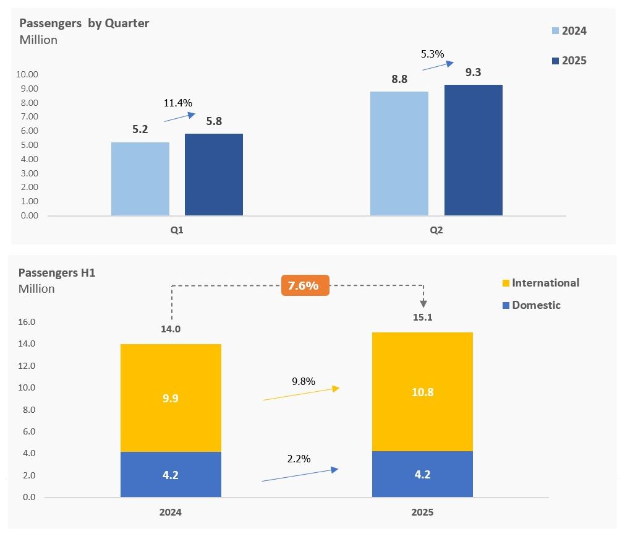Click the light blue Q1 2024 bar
pos(140,179)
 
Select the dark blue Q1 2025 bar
pos(213,175)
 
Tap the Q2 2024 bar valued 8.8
pos(399,153)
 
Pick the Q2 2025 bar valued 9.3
pos(473,150)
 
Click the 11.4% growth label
pos(178,103)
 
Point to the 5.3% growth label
pos(432,54)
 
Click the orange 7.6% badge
pos(304,285)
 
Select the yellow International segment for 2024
pos(171,398)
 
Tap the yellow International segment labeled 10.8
pos(422,392)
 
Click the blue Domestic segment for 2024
pos(171,475)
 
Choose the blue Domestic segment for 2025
pos(422,475)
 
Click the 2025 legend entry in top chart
pos(569,61)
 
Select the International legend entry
pos(540,283)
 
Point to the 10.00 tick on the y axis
pos(28,74)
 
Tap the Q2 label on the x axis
pos(436,230)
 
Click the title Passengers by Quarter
pos(84,24)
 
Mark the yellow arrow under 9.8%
pos(301,394)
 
